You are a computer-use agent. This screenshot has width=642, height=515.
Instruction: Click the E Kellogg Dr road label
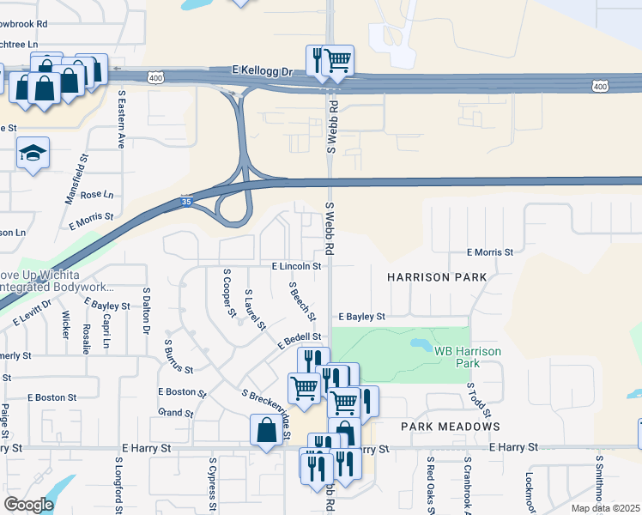click(x=263, y=72)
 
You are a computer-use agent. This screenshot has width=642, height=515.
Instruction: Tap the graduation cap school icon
click(x=33, y=154)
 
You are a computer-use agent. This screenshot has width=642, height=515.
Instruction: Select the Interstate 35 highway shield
click(x=186, y=202)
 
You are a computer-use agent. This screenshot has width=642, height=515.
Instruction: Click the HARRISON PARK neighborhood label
click(x=436, y=277)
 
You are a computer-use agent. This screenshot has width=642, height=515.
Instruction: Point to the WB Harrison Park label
click(x=468, y=357)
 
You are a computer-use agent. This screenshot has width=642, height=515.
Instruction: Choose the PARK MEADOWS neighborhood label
click(x=450, y=427)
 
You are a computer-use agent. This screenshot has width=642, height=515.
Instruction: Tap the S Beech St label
click(x=299, y=296)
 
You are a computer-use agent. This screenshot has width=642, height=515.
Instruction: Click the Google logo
click(x=28, y=505)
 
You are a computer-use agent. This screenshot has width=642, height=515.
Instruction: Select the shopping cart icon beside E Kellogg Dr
click(x=338, y=60)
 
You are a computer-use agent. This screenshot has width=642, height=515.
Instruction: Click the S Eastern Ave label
click(x=122, y=119)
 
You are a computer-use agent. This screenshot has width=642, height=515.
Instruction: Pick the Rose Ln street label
click(x=96, y=195)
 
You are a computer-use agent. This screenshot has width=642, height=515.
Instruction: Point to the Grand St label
click(x=176, y=413)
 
